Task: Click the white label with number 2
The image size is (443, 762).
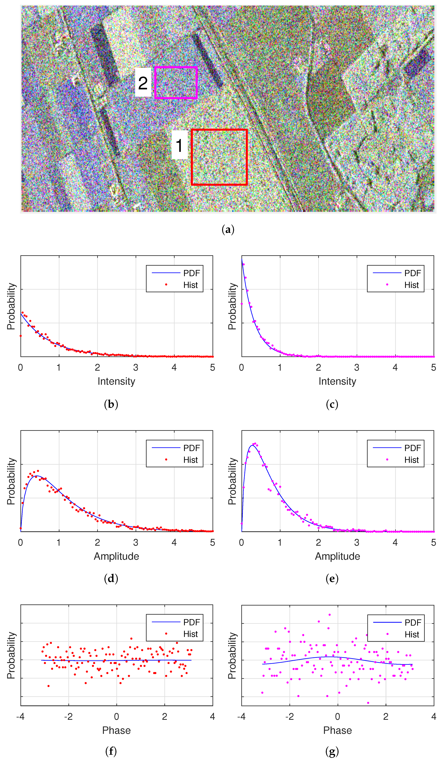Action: [x=143, y=82]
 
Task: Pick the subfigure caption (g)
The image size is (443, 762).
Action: [x=332, y=751]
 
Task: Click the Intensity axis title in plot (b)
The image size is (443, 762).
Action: [x=116, y=381]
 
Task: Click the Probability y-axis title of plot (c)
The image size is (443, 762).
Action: [x=232, y=306]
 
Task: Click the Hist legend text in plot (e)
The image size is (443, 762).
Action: [x=412, y=460]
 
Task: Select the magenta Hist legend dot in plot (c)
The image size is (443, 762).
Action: [x=387, y=285]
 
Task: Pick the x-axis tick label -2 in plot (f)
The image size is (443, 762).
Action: [x=68, y=716]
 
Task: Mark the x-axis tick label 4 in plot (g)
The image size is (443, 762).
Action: [x=434, y=716]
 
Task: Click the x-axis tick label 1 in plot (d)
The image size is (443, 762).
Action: [x=59, y=542]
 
